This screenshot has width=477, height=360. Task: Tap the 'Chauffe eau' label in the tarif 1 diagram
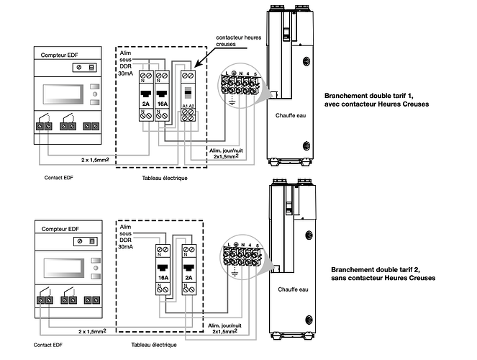[x=290, y=114]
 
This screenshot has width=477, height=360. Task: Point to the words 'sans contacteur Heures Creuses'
[x=381, y=277]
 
